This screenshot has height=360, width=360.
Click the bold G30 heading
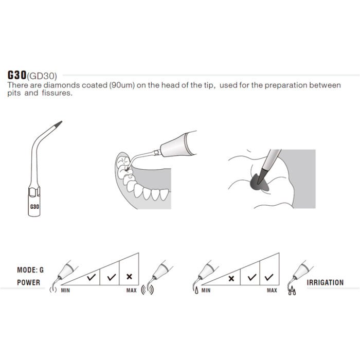17,75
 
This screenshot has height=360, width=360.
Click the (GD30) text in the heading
42,76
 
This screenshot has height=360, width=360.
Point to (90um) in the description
122,85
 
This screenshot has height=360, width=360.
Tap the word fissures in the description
57,93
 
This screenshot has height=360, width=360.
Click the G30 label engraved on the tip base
34,207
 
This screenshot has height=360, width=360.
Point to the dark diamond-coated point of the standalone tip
58,124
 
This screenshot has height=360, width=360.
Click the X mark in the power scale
129,277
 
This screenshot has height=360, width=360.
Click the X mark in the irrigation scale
231,279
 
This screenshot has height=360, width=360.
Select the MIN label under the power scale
65,291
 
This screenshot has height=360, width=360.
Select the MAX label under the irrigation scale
272,291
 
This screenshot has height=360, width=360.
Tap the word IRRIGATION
325,282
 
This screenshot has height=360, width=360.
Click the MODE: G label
30,270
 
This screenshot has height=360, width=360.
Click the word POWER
28,282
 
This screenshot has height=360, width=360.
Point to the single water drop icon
196,291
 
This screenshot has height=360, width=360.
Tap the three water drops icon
292,291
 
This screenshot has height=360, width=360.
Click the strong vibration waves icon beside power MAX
148,290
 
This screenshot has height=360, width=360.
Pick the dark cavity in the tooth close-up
259,183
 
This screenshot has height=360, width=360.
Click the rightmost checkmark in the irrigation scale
269,277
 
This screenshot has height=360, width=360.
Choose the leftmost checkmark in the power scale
92,277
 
